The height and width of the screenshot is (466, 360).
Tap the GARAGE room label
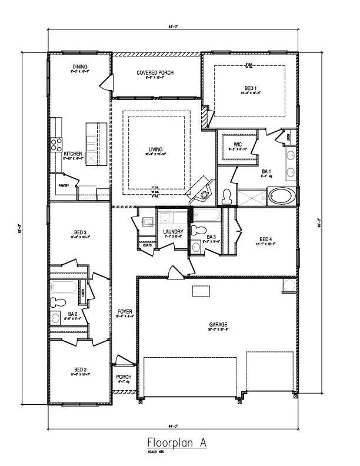(x=218, y=324)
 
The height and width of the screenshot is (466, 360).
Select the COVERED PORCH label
(x=155, y=73)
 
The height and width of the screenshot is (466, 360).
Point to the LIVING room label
(x=156, y=149)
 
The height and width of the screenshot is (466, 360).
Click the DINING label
(x=80, y=67)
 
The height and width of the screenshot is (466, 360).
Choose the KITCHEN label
(x=74, y=154)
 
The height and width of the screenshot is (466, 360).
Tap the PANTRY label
(x=64, y=185)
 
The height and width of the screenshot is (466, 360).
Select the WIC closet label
(x=238, y=144)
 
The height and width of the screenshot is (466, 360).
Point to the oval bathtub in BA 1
(x=282, y=195)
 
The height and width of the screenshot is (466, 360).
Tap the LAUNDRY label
(x=174, y=232)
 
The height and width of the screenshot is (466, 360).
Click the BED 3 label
(x=79, y=233)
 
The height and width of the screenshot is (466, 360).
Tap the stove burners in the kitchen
(x=56, y=144)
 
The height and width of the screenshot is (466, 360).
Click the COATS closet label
(x=146, y=245)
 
